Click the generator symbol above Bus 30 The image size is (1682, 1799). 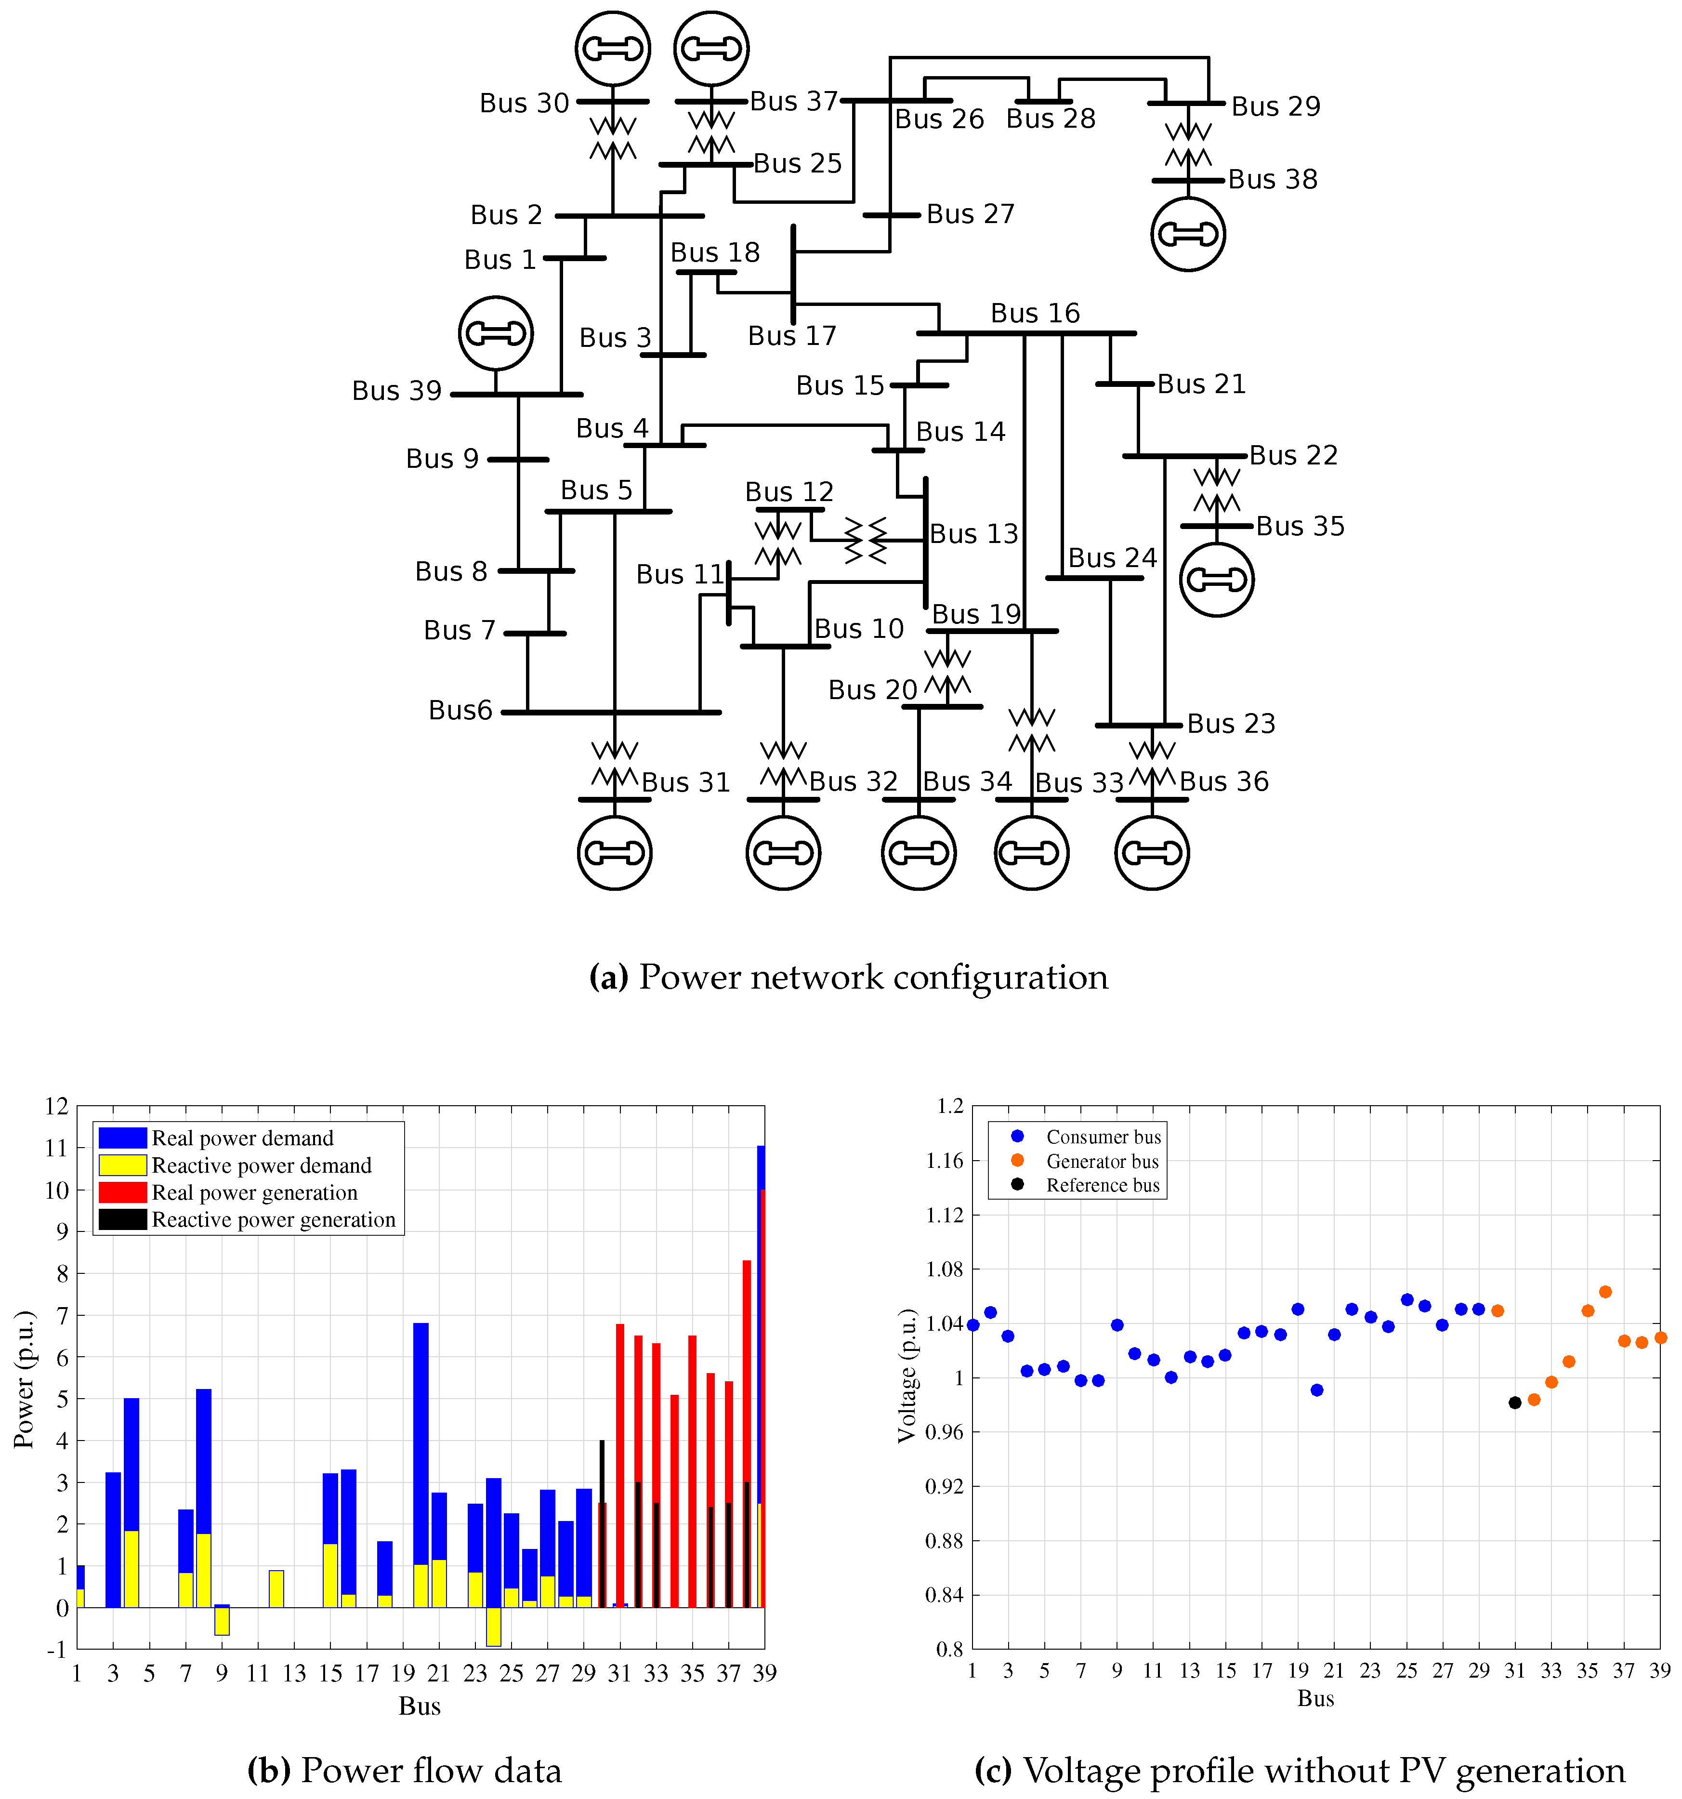point(613,49)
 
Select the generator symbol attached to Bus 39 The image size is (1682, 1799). point(495,333)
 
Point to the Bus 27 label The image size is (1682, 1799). point(970,214)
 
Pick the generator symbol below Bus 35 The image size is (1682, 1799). point(1216,579)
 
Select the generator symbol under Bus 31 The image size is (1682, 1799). point(614,852)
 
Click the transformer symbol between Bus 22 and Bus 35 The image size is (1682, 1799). point(1216,490)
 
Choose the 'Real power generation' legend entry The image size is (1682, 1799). point(254,1193)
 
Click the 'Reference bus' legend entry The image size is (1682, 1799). point(1102,1186)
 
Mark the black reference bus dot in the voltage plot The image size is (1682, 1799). point(1514,1402)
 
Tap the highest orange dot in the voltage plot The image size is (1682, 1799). point(1605,1292)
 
